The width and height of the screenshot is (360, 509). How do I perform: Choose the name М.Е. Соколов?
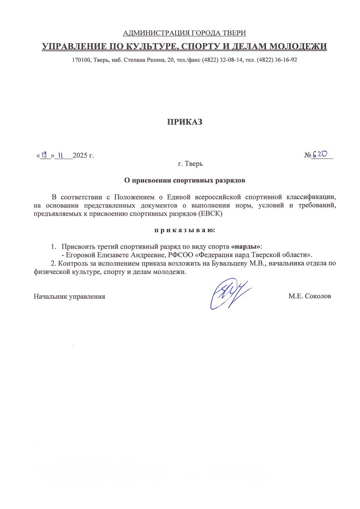[x=310, y=296]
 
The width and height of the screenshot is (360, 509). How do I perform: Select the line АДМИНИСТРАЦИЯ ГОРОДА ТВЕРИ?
[x=184, y=33]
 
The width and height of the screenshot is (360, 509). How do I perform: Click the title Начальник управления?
[x=70, y=296]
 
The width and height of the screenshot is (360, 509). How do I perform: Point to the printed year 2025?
[x=80, y=156]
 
